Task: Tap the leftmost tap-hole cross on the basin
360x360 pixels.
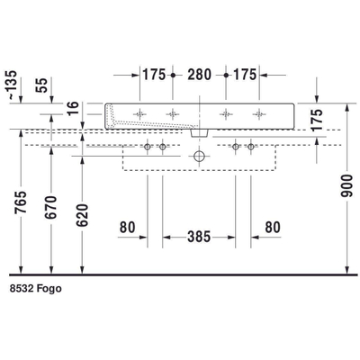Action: tap(139, 113)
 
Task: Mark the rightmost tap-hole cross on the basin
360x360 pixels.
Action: tap(260, 113)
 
